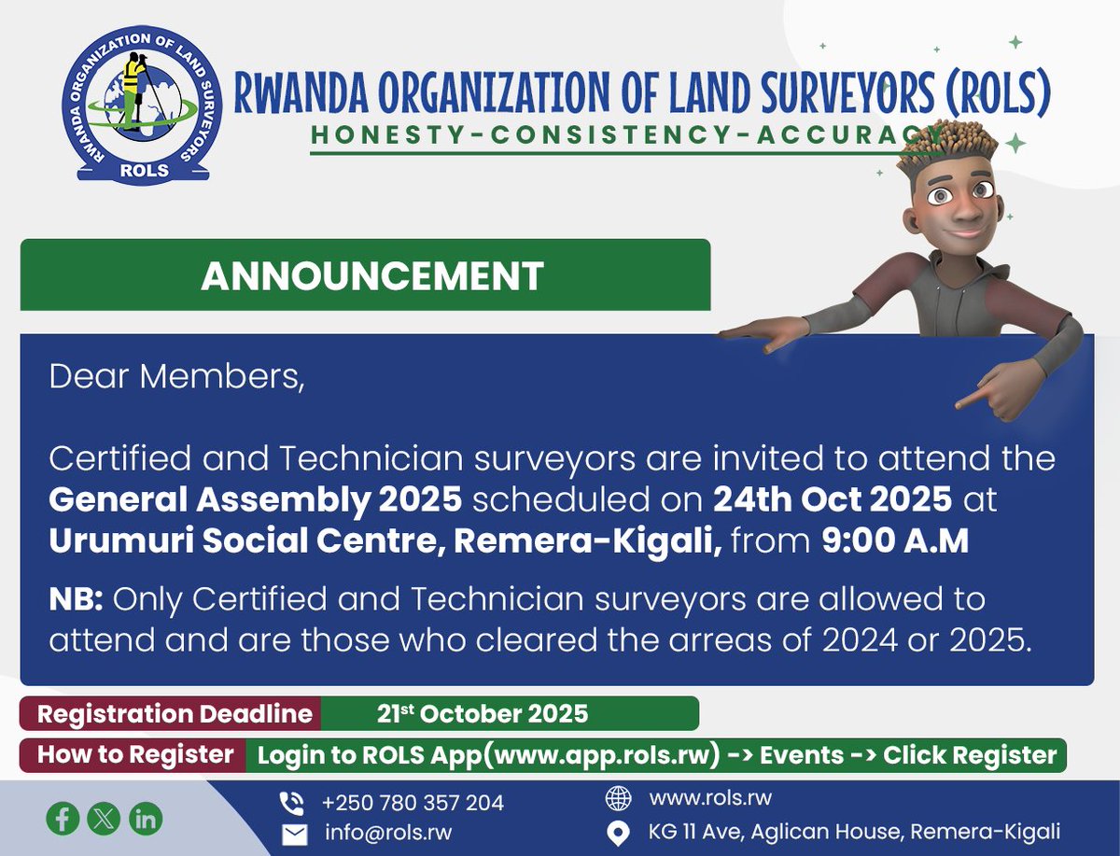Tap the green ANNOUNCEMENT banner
pyautogui.click(x=365, y=275)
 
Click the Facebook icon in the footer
pyautogui.click(x=63, y=819)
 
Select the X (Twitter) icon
pyautogui.click(x=104, y=819)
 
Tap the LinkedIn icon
pyautogui.click(x=146, y=819)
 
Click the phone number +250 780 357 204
pyautogui.click(x=413, y=803)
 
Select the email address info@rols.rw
pyautogui.click(x=388, y=833)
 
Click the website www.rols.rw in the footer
pyautogui.click(x=710, y=798)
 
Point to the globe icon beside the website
pyautogui.click(x=618, y=799)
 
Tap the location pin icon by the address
pyautogui.click(x=618, y=832)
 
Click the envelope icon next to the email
pyautogui.click(x=294, y=834)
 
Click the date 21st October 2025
pyautogui.click(x=483, y=714)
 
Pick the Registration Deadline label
pyautogui.click(x=175, y=714)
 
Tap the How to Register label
pyautogui.click(x=135, y=754)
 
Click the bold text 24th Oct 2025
pyautogui.click(x=833, y=499)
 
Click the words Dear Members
pyautogui.click(x=176, y=377)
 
